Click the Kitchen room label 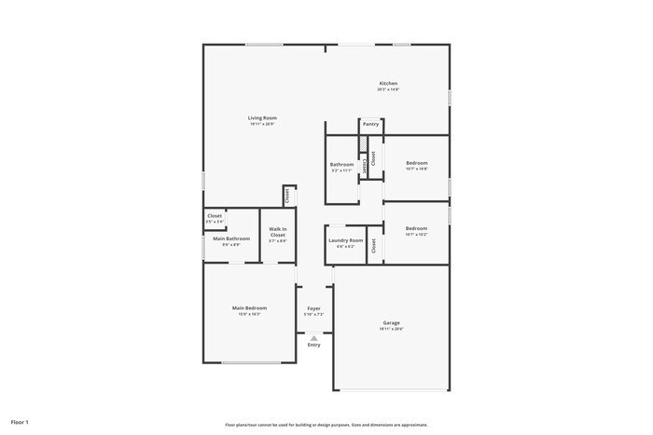click(x=388, y=83)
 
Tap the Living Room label click(x=262, y=118)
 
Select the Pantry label click(x=370, y=123)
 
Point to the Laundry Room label click(x=345, y=240)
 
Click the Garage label click(x=390, y=323)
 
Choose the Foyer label click(x=313, y=308)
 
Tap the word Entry click(x=313, y=345)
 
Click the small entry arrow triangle click(x=313, y=338)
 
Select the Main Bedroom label click(x=249, y=307)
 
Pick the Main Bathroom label click(x=231, y=238)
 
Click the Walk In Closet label click(x=278, y=232)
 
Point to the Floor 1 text click(x=20, y=422)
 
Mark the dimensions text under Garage click(x=390, y=329)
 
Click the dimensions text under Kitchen click(x=388, y=89)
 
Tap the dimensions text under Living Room click(x=262, y=125)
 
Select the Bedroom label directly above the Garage click(x=416, y=228)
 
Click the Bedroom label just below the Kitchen click(x=416, y=163)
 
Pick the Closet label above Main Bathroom click(x=215, y=215)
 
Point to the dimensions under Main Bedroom click(x=249, y=314)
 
